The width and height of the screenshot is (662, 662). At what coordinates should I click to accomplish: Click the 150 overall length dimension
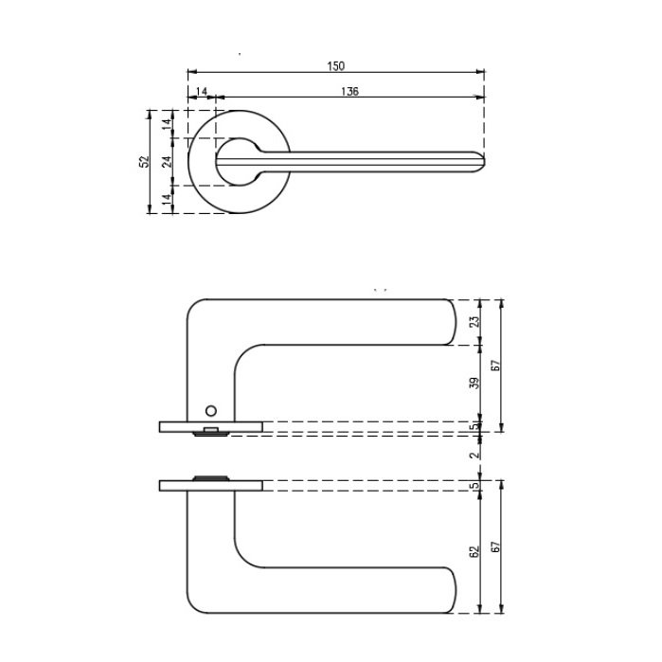336,65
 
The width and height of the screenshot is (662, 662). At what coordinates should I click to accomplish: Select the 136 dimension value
349,92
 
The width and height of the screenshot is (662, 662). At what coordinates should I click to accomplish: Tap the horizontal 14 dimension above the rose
202,92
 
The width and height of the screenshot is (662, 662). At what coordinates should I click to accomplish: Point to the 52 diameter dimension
144,161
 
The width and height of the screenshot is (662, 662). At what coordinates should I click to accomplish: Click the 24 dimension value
168,161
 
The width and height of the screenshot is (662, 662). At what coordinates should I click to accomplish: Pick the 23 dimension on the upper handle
475,322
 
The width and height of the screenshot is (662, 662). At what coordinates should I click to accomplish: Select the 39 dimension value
475,383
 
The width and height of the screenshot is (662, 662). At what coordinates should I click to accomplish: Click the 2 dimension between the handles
475,455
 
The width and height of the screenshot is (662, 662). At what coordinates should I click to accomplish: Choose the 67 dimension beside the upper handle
496,365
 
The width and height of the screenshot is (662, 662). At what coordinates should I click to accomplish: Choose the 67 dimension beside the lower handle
496,547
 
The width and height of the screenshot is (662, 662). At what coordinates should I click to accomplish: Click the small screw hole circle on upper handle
210,410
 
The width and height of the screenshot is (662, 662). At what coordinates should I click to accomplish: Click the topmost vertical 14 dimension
168,122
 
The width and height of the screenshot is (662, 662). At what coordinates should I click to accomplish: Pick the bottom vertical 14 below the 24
168,199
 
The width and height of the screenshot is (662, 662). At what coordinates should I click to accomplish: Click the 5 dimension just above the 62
475,486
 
